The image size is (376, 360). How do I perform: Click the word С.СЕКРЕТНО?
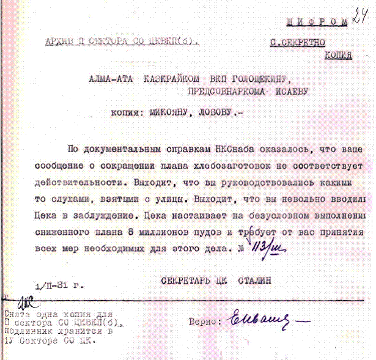(298, 43)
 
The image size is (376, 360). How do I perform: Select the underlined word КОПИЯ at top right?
(339, 54)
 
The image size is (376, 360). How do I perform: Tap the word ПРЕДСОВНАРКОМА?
(224, 91)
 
